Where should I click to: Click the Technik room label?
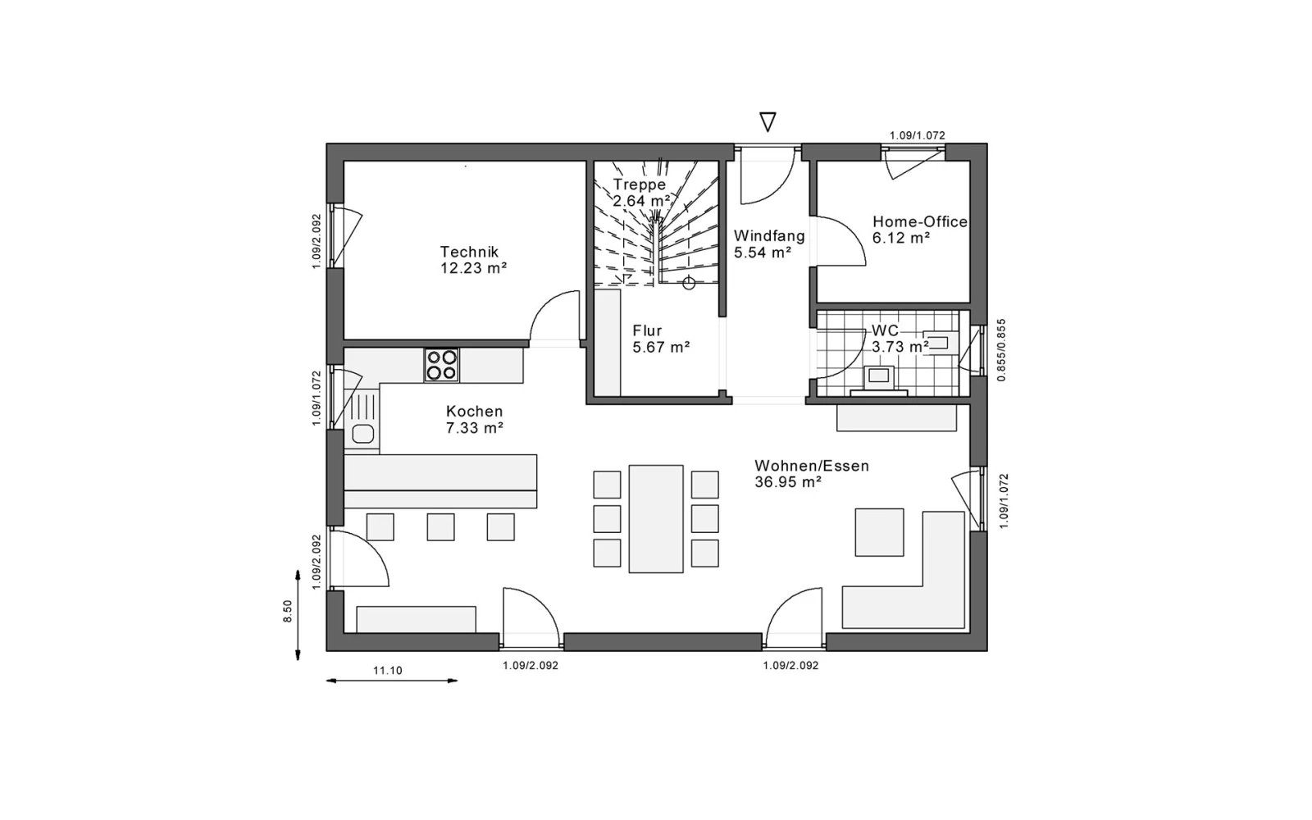pos(469,252)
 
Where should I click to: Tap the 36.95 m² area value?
pos(788,482)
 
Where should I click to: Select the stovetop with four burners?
pos(442,365)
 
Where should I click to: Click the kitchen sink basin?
pos(363,434)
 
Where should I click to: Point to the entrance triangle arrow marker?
pos(768,122)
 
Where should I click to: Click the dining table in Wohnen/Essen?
pos(656,519)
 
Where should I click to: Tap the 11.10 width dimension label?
pos(388,671)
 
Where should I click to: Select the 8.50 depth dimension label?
pos(288,612)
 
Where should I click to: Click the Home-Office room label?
pos(919,222)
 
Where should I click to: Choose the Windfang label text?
pos(770,236)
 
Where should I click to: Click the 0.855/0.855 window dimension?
pos(1001,350)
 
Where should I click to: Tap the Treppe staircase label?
pos(640,184)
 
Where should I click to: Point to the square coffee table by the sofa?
pos(879,532)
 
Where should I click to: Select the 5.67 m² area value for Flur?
pos(661,348)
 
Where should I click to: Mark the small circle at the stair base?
pos(689,284)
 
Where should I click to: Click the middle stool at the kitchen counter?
pos(440,527)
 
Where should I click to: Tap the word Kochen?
pos(475,411)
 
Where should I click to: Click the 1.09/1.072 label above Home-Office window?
pos(918,135)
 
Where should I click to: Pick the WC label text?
pos(885,330)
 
